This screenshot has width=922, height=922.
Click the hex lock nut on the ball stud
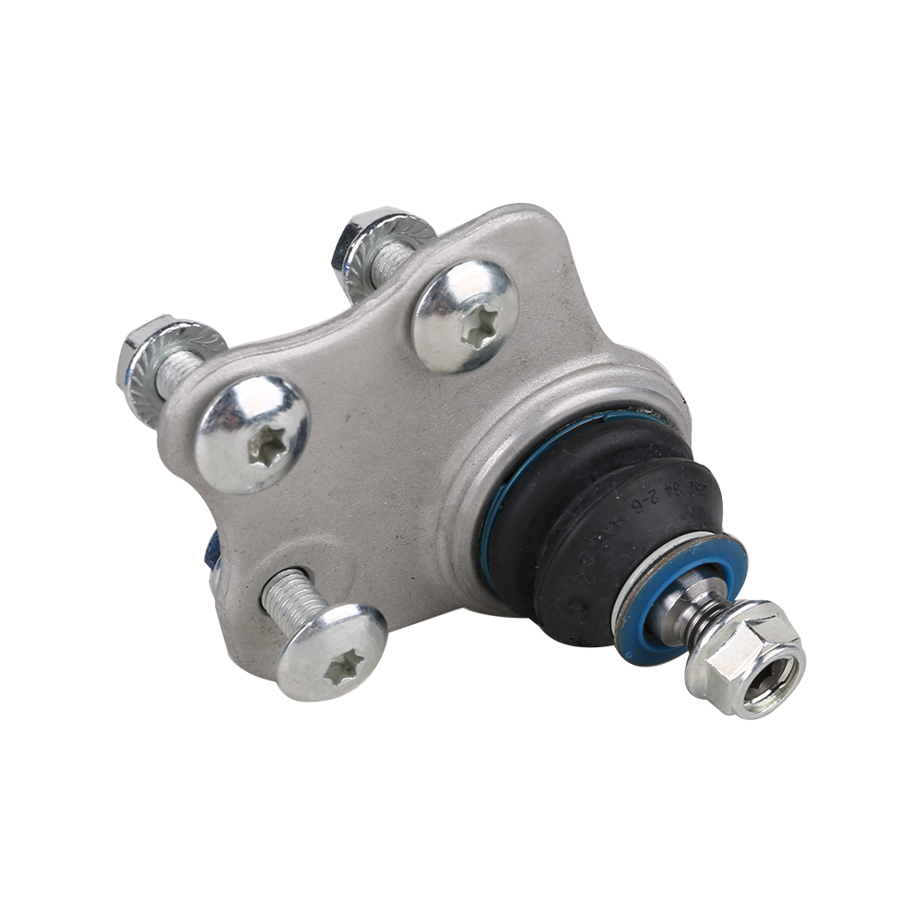(745, 658)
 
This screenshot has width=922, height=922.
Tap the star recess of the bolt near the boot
(479, 324)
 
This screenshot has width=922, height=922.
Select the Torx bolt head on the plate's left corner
(252, 432)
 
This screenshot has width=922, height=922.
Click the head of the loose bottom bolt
(332, 650)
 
